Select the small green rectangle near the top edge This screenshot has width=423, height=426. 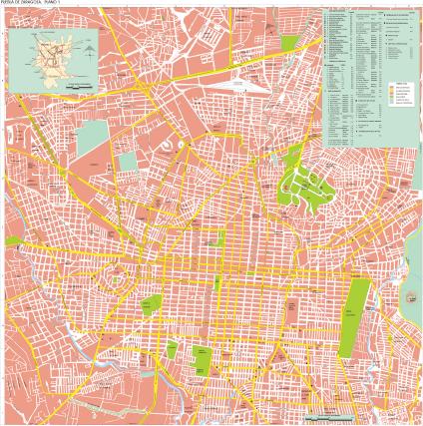point(289,44)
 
